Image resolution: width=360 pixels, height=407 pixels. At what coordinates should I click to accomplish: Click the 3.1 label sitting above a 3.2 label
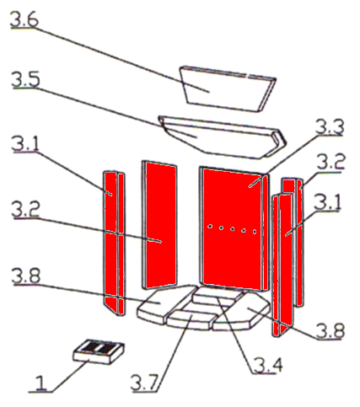(25, 145)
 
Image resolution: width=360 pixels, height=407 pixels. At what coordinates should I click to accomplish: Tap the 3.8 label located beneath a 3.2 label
(25, 275)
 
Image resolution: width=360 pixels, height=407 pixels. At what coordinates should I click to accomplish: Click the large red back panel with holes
(232, 228)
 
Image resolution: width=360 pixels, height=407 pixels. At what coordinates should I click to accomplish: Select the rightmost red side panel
(287, 258)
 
